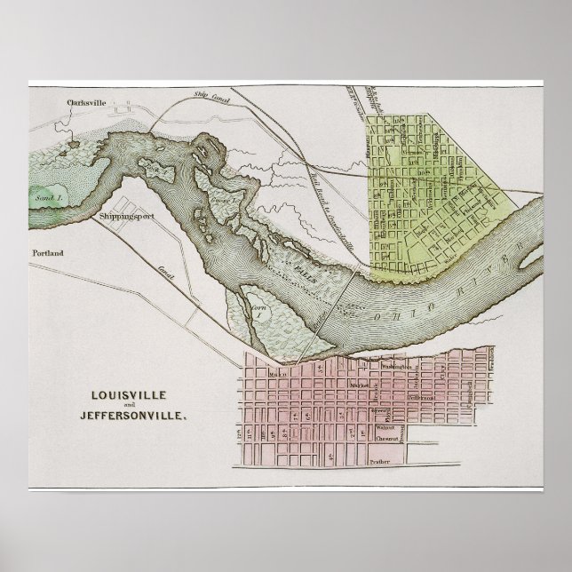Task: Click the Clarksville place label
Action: click(86, 102)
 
